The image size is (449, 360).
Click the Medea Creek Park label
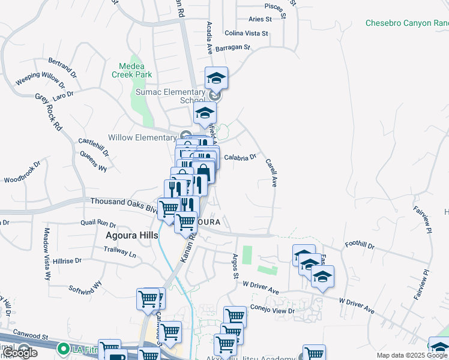point(131,70)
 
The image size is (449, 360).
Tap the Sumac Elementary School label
point(170,96)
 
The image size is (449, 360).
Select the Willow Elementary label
point(142,137)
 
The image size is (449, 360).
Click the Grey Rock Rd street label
point(49,112)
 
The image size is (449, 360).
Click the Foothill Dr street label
point(360,245)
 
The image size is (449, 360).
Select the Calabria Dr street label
point(240,157)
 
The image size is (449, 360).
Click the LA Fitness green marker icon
point(62,348)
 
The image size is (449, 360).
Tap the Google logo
point(20,353)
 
